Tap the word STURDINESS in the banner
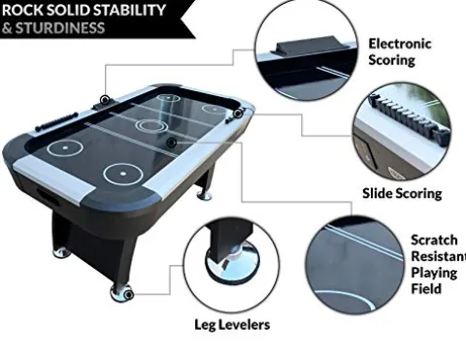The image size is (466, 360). coord(60,28)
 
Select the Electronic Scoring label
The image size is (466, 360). coord(400,51)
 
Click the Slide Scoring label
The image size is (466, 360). coord(402,193)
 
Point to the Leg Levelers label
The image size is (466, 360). coord(232,324)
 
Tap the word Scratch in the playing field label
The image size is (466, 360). coord(434,240)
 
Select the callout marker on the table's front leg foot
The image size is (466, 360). coord(129,294)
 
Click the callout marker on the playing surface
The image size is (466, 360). coord(171,142)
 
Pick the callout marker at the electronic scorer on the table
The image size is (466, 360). coord(104,100)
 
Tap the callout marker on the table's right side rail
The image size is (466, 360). coord(238,113)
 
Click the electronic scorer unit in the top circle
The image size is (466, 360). coord(312,46)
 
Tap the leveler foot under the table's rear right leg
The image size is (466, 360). coord(204,195)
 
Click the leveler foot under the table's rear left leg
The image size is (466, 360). coord(61,252)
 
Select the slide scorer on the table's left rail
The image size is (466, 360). coord(56,121)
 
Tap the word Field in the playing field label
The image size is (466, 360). coord(426,288)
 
